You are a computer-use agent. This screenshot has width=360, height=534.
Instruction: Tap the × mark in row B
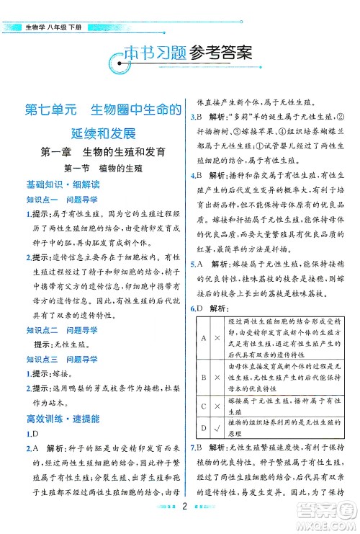pyautogui.click(x=217, y=376)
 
